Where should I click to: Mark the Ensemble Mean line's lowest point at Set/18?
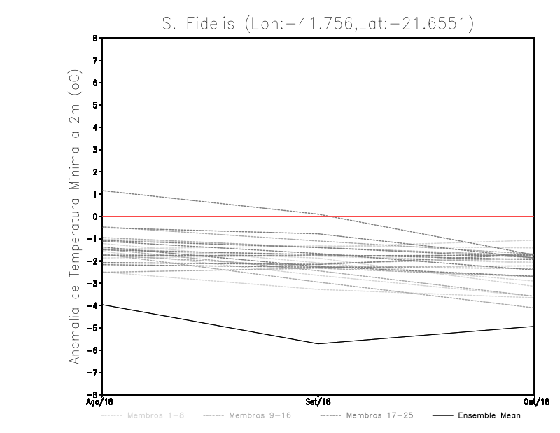pos(318,343)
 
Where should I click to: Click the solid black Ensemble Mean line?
pos(210,324)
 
